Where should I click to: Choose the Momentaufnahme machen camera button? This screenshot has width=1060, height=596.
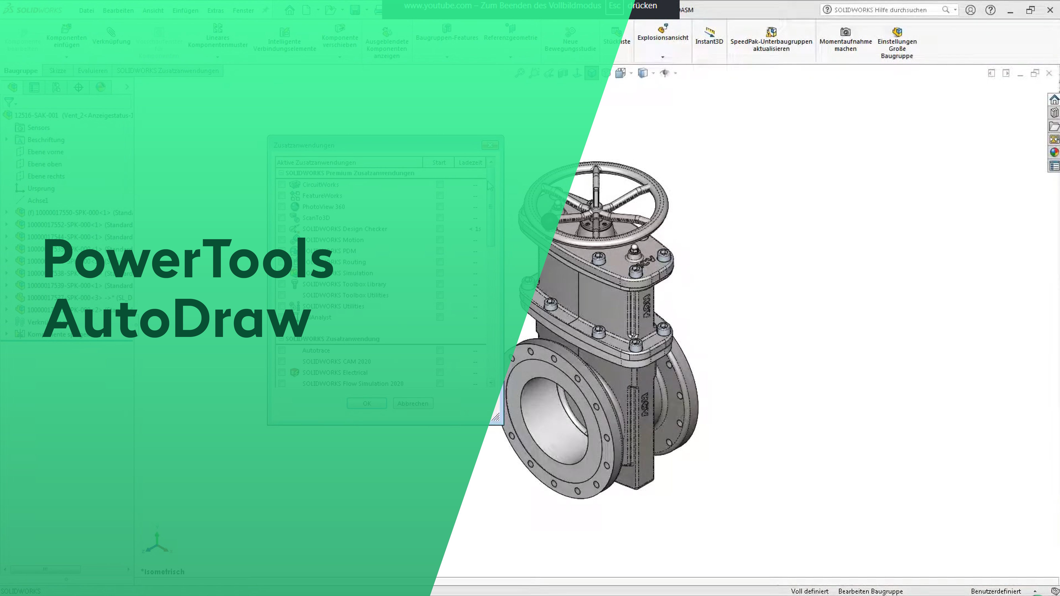pyautogui.click(x=845, y=39)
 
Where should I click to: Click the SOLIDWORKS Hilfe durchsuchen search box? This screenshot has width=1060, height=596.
pyautogui.click(x=885, y=10)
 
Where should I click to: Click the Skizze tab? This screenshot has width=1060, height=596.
pyautogui.click(x=58, y=71)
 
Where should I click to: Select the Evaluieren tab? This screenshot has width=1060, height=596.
pyautogui.click(x=93, y=71)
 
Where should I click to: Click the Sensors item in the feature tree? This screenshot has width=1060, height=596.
pyautogui.click(x=38, y=128)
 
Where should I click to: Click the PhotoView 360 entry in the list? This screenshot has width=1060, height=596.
pyautogui.click(x=323, y=206)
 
